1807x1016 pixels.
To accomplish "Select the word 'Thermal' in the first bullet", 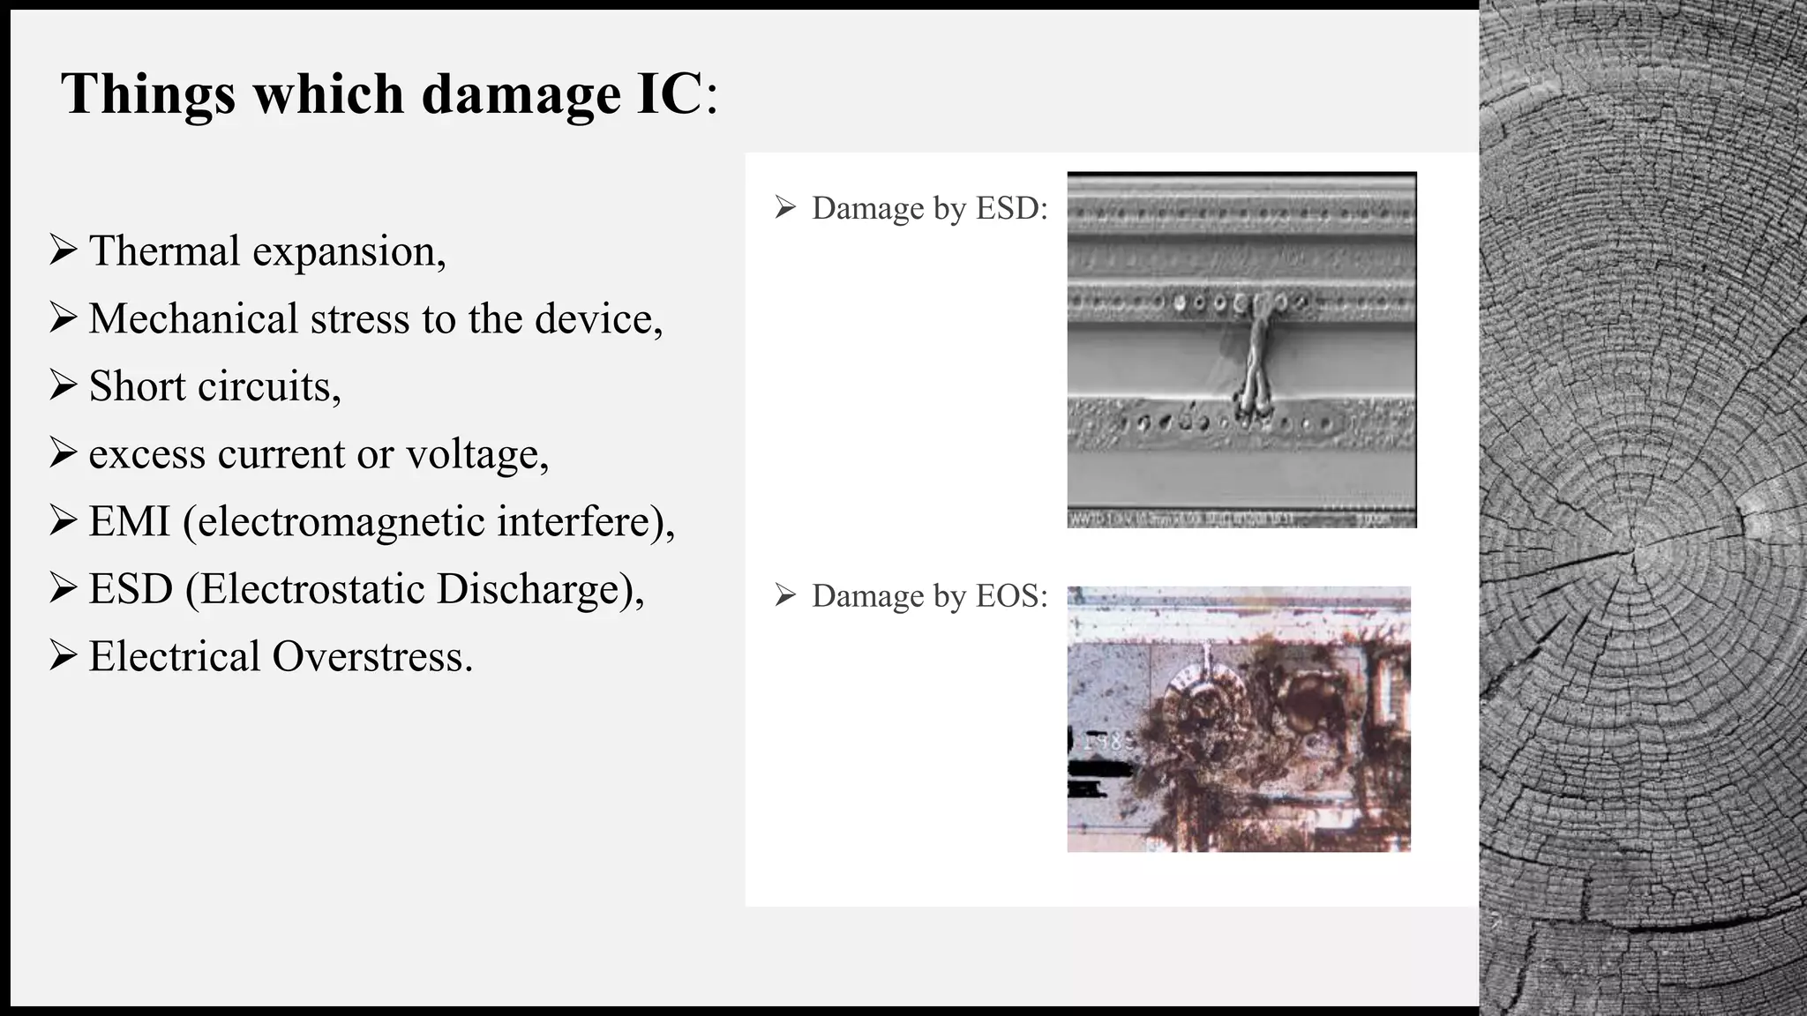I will (164, 251).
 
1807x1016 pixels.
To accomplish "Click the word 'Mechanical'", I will (193, 319).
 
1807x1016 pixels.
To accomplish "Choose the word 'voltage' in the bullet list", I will (476, 455).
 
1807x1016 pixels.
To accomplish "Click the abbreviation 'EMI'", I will (129, 521).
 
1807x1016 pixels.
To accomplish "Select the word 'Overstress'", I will (371, 657).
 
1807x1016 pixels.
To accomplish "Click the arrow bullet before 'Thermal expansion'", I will (64, 250).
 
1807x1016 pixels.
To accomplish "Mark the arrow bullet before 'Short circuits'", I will (64, 385).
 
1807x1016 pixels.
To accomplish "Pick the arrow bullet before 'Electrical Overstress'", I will (64, 656).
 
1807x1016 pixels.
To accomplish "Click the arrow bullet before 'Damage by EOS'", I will (785, 596).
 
